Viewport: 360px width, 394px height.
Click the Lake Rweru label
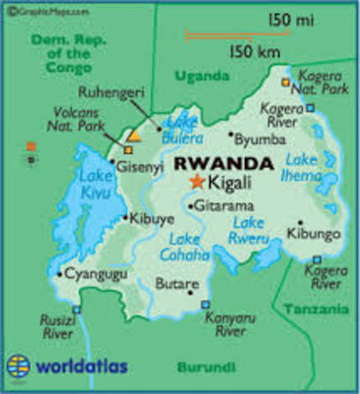click(252, 230)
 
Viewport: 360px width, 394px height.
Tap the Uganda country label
click(202, 76)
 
